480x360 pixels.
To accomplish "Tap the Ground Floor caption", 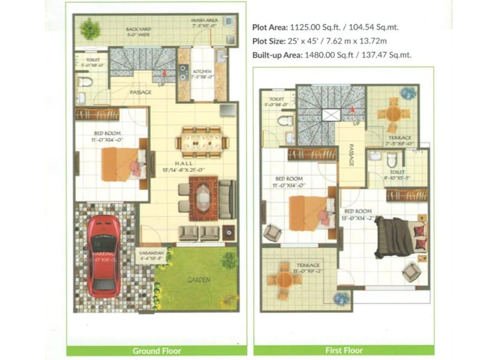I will click(x=157, y=350).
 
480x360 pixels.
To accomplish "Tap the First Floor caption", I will click(x=344, y=350).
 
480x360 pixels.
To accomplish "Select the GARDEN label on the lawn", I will click(x=198, y=280).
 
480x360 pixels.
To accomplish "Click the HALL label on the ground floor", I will click(x=184, y=163).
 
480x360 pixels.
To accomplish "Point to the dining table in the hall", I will click(x=202, y=143).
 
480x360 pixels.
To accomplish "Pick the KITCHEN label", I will click(x=202, y=71).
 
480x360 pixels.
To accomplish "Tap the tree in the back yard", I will click(x=90, y=28).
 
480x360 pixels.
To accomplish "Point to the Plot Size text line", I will click(x=319, y=41).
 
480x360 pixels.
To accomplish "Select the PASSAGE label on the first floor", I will click(x=350, y=155).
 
